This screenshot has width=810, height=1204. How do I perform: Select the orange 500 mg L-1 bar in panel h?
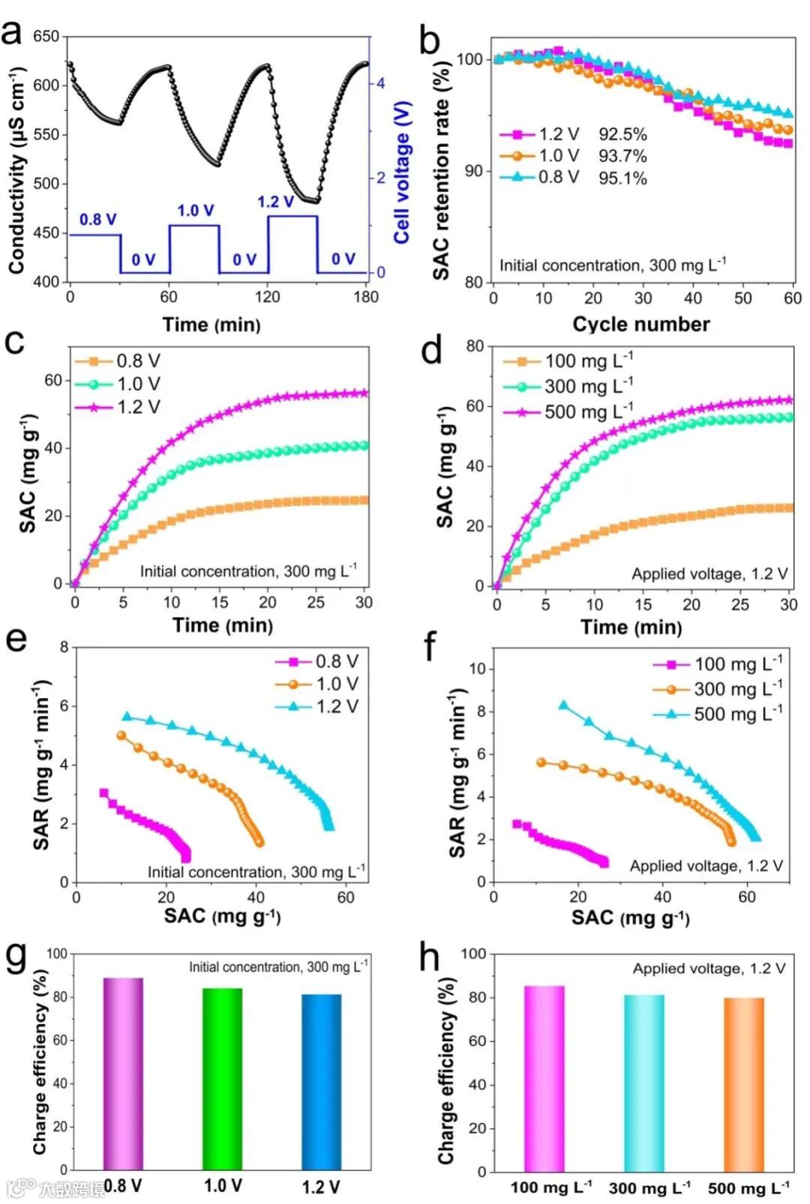[x=744, y=1084]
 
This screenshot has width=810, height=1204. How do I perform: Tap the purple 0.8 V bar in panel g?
[x=123, y=1073]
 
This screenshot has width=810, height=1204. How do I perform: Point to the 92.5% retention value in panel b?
[x=622, y=134]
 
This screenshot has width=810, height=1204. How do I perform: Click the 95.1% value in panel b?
[x=622, y=178]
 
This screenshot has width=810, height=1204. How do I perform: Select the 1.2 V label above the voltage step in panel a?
[x=276, y=202]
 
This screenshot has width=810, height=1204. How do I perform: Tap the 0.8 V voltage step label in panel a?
[x=98, y=220]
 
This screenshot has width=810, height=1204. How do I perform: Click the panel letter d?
[x=431, y=350]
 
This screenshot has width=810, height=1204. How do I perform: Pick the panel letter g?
[x=16, y=958]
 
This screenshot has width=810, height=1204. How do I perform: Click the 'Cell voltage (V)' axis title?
[x=403, y=172]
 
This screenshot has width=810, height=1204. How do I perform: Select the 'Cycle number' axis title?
[x=641, y=324]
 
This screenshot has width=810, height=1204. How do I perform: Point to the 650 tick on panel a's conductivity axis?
[x=46, y=37]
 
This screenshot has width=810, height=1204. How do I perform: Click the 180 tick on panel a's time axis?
[x=366, y=297]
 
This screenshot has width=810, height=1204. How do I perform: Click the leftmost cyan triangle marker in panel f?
[x=563, y=705]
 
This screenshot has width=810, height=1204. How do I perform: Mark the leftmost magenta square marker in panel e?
[x=104, y=792]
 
